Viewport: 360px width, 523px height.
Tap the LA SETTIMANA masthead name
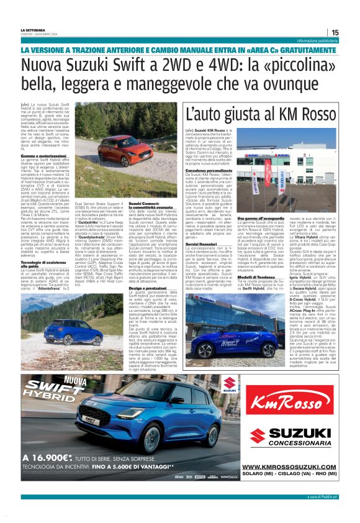point(34,30)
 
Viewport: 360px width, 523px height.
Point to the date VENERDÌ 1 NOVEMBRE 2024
point(39,35)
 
